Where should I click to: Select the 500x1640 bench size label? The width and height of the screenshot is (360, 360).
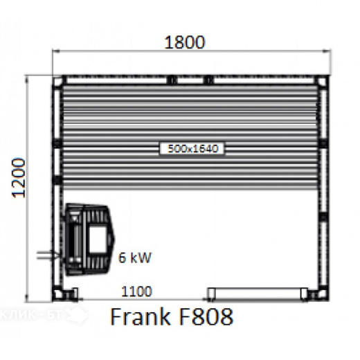tap(193, 147)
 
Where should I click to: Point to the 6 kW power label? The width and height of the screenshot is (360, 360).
tap(134, 258)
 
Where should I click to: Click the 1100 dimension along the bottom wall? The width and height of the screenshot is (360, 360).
tap(136, 293)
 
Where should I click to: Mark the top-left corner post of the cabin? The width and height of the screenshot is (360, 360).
tap(59, 81)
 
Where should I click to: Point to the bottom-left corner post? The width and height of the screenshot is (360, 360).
tap(59, 294)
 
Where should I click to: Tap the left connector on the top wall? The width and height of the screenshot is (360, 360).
tap(170, 80)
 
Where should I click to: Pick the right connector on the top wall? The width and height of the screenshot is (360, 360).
tap(208, 80)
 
